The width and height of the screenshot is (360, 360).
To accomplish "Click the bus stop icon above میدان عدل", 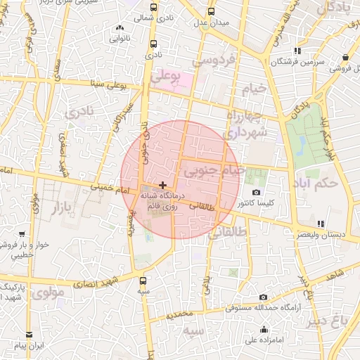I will click(212, 11).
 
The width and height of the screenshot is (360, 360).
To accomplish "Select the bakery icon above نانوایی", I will click(118, 28).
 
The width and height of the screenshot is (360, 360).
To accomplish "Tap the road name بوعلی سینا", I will click(105, 84).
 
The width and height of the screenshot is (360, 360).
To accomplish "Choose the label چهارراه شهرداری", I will click(246, 124).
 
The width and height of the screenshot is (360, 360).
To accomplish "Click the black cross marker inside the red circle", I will click(163, 184).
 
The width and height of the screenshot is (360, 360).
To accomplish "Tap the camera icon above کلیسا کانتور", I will click(256, 193).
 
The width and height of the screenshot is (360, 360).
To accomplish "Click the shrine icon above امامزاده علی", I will click(264, 330).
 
